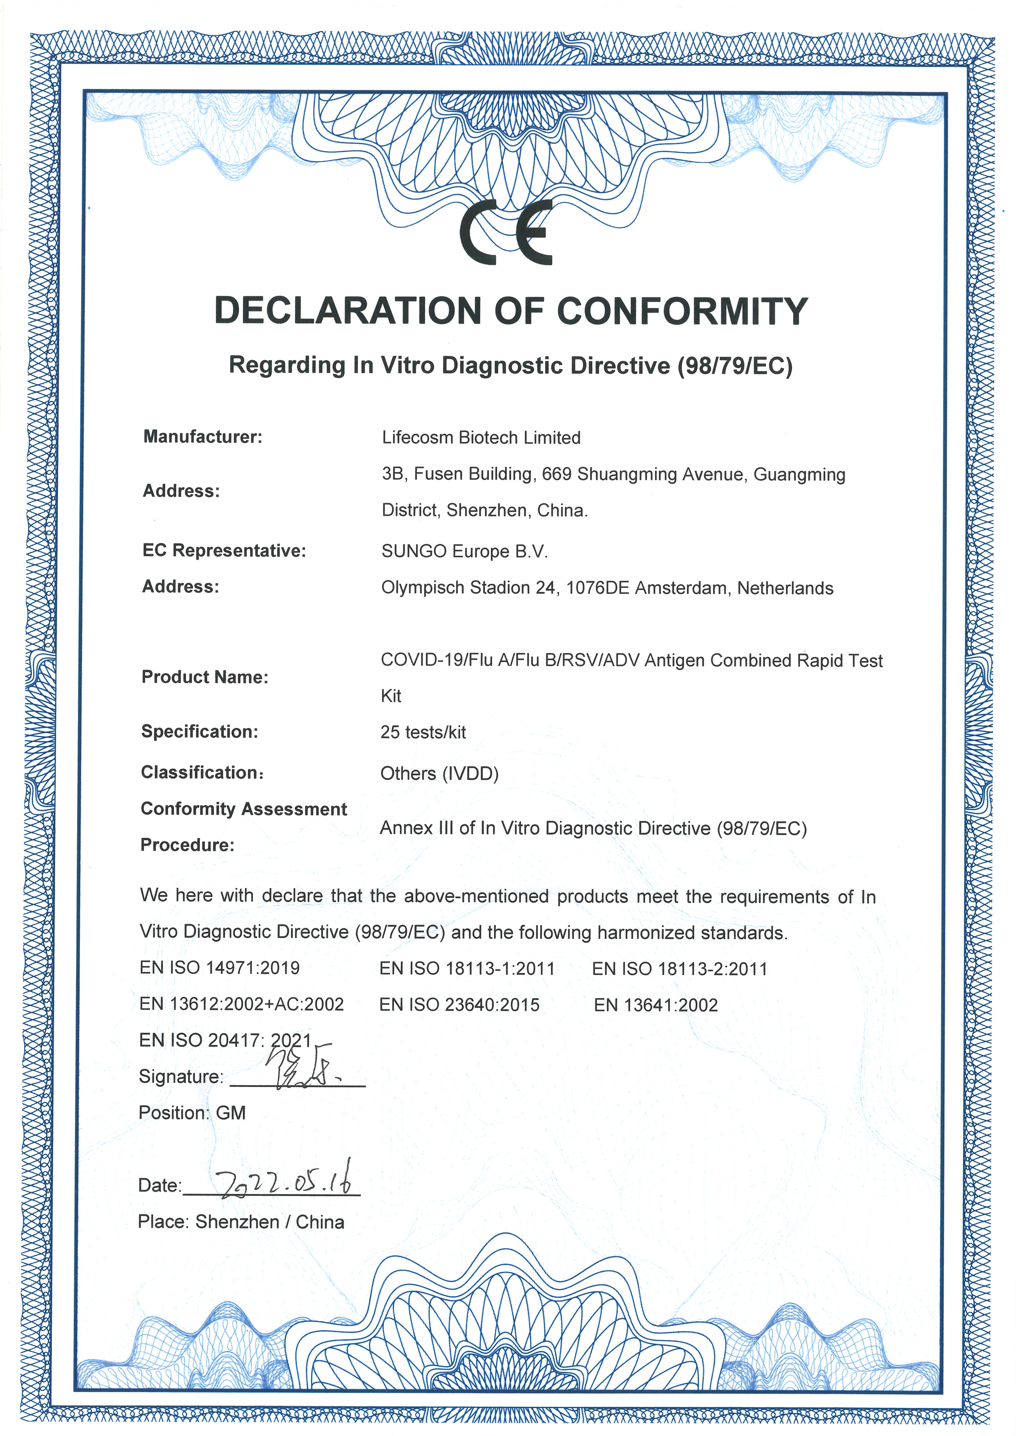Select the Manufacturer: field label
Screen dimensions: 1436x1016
tap(203, 437)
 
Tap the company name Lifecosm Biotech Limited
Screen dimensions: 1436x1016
tap(481, 438)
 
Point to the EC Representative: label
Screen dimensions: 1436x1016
tap(224, 550)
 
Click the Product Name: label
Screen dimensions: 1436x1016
tap(205, 677)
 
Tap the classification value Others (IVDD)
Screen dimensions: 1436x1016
tap(439, 774)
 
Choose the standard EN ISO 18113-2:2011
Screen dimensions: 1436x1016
tap(679, 969)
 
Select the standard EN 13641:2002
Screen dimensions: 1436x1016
tap(655, 1005)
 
